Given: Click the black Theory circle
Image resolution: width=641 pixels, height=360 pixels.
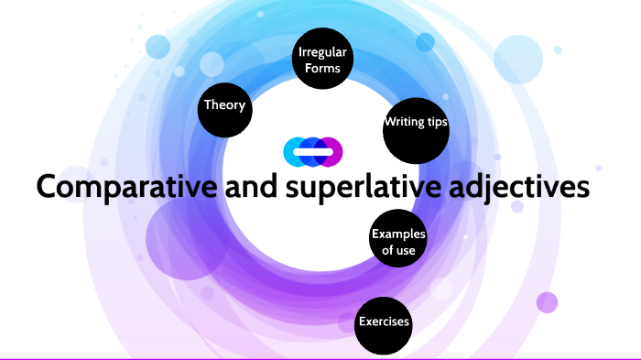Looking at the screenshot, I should [x=224, y=105].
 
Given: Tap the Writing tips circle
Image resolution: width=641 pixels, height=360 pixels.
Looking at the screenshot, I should [x=416, y=123].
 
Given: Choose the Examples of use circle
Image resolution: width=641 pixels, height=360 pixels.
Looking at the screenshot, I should [x=397, y=240].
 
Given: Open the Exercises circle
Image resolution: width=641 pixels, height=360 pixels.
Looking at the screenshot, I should [x=384, y=322].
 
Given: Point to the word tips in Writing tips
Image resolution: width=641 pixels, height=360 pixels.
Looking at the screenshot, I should [x=436, y=123].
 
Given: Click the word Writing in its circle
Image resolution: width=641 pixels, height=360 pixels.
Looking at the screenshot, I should [x=404, y=123].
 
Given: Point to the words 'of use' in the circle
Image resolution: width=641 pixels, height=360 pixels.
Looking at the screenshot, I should [x=397, y=249].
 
